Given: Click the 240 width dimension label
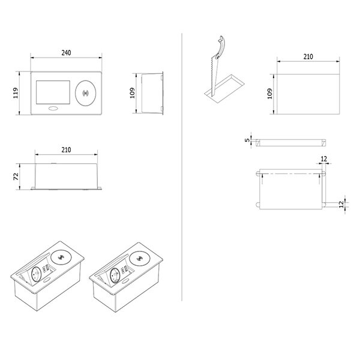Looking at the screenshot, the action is pos(66,53).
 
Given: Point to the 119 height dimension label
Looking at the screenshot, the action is pos(16,93).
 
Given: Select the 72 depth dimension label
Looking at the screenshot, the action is pos(16,176).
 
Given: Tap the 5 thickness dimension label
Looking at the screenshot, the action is pos(247,140).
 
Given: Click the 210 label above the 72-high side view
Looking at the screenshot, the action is pos(66,150).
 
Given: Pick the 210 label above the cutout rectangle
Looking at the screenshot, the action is pos(308,57).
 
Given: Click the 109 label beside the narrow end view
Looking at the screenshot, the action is pos(132,93).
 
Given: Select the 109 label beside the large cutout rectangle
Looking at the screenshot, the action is pos(270,94).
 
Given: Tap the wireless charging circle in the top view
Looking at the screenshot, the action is pos(86,93).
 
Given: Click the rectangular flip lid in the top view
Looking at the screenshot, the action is pos(53,92).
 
